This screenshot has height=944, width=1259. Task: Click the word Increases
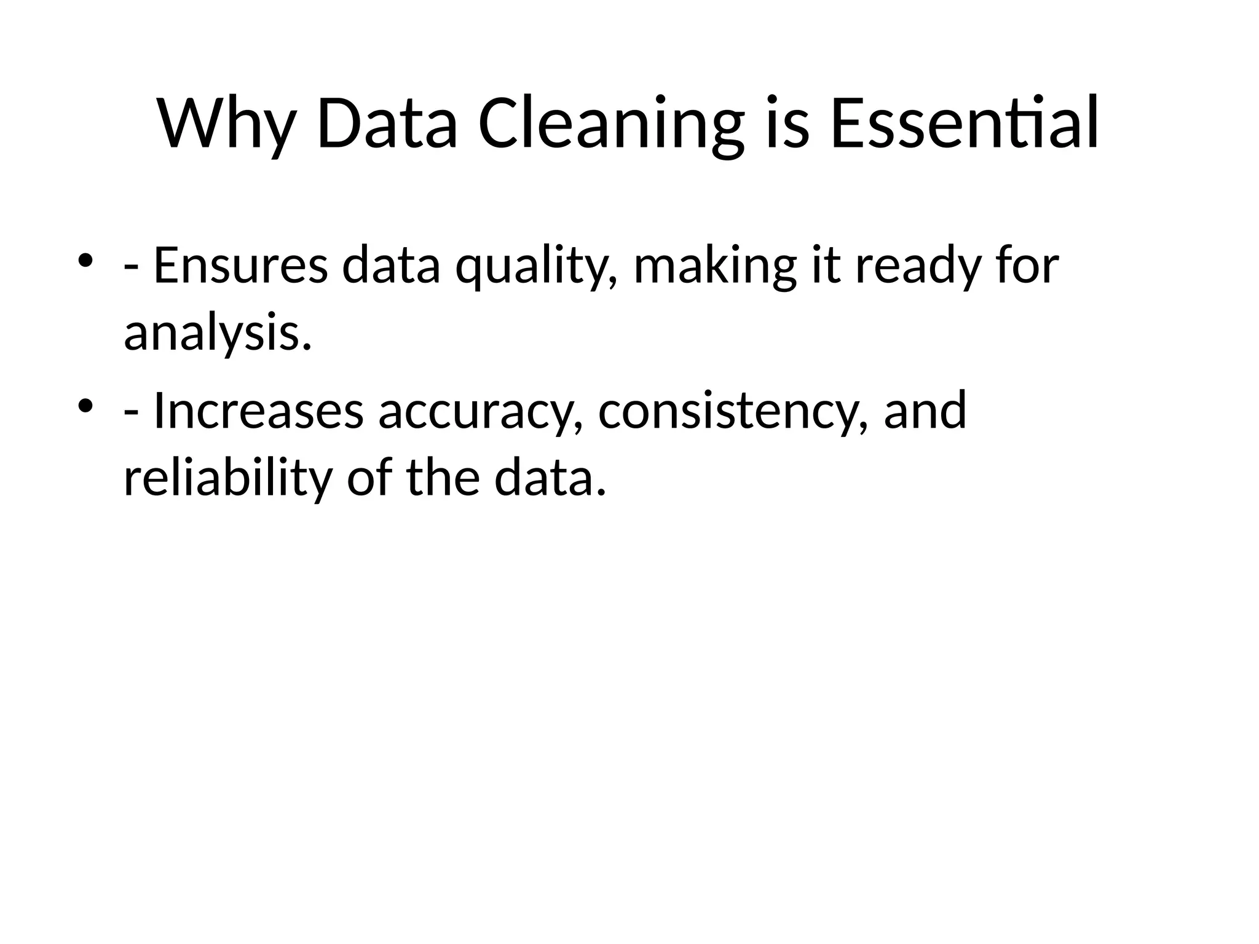(258, 411)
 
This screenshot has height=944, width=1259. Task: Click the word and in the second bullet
(925, 411)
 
